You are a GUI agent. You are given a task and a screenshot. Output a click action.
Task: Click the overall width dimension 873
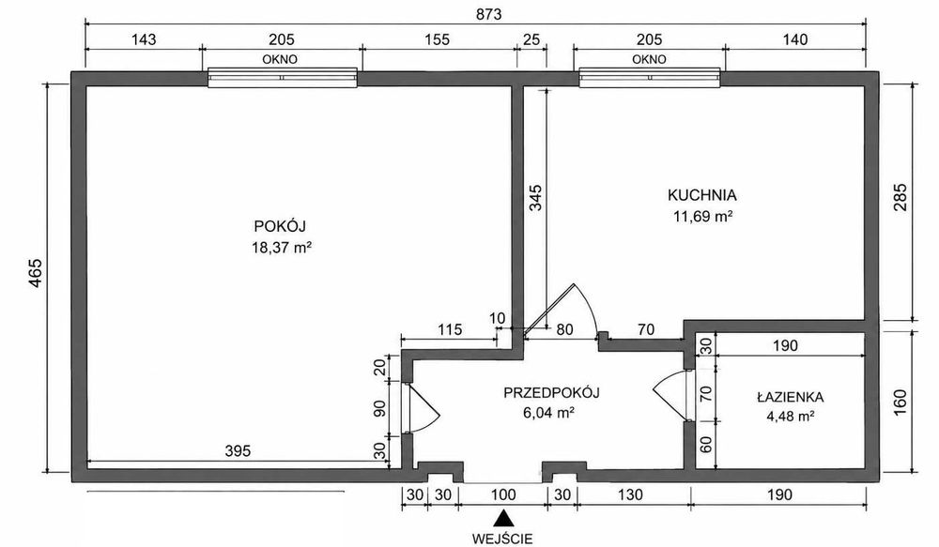click(x=488, y=14)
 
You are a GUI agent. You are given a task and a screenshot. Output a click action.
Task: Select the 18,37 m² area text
click(x=282, y=247)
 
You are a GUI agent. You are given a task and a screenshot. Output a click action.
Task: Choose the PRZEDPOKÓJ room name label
click(x=551, y=392)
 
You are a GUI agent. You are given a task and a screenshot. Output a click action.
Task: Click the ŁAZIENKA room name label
click(x=790, y=397)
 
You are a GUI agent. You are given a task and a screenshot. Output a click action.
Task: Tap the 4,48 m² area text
click(x=790, y=416)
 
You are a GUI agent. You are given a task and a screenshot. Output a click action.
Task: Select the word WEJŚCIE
click(x=501, y=539)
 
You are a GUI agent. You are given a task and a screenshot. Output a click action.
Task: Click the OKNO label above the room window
click(x=280, y=59)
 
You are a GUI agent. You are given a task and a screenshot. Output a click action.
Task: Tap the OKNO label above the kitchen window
click(x=649, y=59)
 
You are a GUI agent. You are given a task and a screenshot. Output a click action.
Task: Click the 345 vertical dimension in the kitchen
click(x=535, y=197)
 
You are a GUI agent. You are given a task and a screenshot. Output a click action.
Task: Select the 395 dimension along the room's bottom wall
click(x=238, y=450)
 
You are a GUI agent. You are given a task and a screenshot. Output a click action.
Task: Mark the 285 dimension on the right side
click(x=901, y=197)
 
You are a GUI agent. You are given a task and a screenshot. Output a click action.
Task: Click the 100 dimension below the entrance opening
click(x=503, y=495)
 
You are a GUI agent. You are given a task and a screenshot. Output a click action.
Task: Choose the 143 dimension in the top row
click(x=144, y=39)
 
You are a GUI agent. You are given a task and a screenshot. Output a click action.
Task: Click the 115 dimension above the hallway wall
click(x=450, y=329)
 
